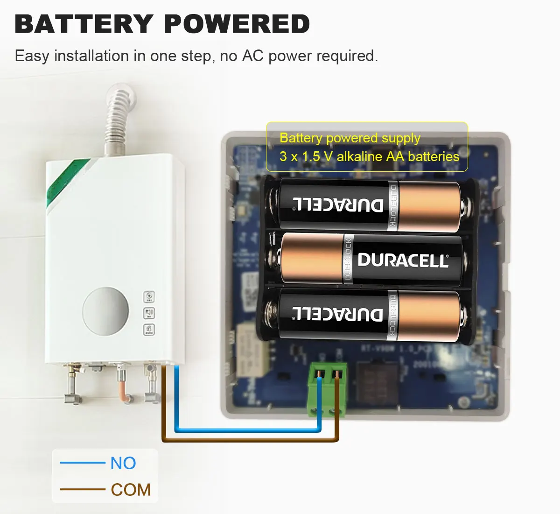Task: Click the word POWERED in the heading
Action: tap(237, 24)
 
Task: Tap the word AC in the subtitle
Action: tap(252, 56)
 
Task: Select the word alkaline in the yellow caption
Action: tap(359, 156)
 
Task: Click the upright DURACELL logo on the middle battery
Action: tap(403, 261)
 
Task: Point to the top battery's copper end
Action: tap(429, 205)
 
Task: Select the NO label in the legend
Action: tap(123, 463)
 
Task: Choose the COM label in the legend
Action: tap(131, 490)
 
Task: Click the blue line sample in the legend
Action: tap(83, 463)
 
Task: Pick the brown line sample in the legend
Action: tap(83, 489)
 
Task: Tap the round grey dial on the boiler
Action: tap(105, 311)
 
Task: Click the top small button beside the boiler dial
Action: tap(149, 297)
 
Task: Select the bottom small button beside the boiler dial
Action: tap(149, 330)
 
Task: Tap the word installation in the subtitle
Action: tap(91, 56)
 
